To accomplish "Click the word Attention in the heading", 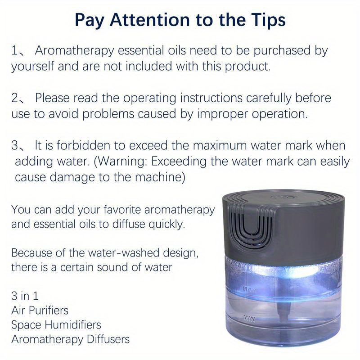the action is (149, 20).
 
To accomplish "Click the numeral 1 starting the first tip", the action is (14, 51).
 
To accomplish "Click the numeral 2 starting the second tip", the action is (15, 98).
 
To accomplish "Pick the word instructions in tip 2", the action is (211, 98).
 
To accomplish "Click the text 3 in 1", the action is (25, 296).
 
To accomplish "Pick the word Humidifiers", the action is (73, 325).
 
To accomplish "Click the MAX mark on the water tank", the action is (247, 289).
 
